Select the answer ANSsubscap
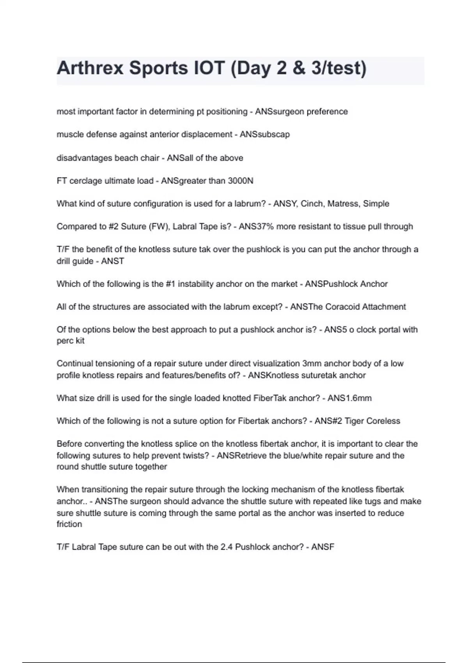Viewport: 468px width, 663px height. pyautogui.click(x=265, y=135)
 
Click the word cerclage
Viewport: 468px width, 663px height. pyautogui.click(x=85, y=181)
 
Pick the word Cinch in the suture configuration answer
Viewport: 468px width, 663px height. pyautogui.click(x=312, y=204)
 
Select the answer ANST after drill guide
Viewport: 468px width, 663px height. pyautogui.click(x=113, y=261)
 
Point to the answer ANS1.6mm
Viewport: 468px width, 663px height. pyautogui.click(x=349, y=398)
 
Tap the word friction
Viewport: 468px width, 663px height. pyautogui.click(x=69, y=524)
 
